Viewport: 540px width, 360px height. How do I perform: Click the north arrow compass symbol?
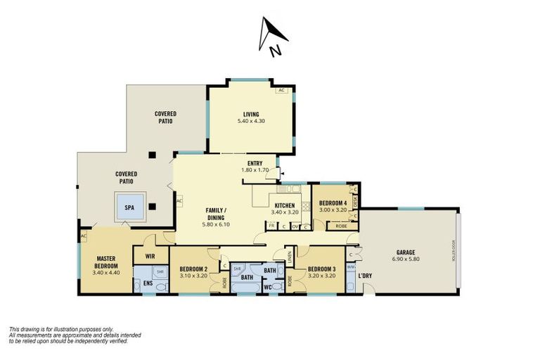[x=271, y=37]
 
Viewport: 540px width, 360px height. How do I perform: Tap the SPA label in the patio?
[x=129, y=208]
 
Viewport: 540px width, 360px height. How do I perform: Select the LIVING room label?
[x=251, y=115]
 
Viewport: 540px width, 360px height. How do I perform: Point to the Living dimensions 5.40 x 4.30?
[x=251, y=122]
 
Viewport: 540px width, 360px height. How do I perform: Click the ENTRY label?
[x=255, y=163]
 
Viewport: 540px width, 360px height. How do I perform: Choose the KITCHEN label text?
[x=284, y=205]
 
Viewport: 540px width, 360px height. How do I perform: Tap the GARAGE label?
[x=405, y=252]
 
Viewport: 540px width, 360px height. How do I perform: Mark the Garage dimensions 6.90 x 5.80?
[x=405, y=259]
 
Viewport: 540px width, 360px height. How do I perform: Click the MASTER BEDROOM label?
[x=108, y=262]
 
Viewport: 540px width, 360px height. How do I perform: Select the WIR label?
[x=148, y=257]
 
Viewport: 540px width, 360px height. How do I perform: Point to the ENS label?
[x=148, y=283]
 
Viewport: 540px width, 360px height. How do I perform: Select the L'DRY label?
[x=365, y=276]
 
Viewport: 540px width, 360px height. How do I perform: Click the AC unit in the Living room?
[x=281, y=91]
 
